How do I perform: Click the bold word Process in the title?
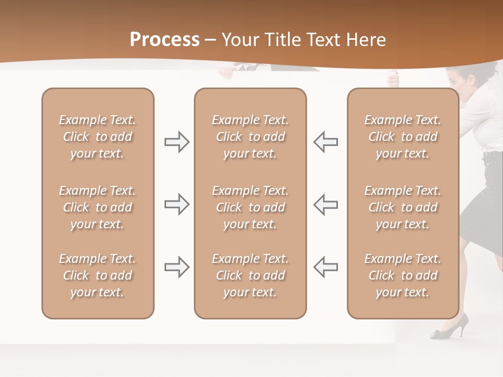pos(165,39)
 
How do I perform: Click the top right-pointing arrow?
pos(177,142)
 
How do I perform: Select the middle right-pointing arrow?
pos(177,204)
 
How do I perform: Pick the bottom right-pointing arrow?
pos(177,267)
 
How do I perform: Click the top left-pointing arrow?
pos(326,142)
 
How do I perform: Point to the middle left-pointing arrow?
pos(326,204)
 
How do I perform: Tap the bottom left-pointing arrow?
pos(326,267)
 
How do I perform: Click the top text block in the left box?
pos(97,137)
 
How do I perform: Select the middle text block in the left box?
pos(97,207)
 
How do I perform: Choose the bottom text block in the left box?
pos(97,275)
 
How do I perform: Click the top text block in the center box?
pos(250,137)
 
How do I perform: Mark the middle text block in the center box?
pos(250,207)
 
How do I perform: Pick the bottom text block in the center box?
pos(250,275)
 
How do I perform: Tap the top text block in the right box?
pos(403,137)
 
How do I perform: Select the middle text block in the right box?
pos(403,207)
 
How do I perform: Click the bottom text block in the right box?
pos(403,275)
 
